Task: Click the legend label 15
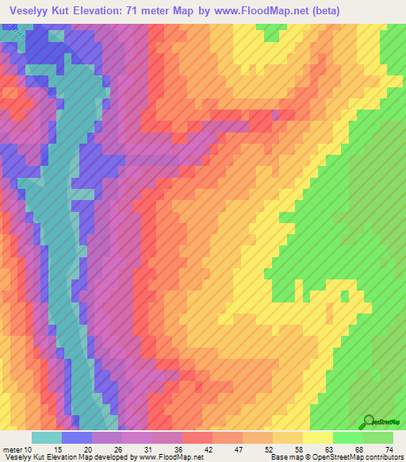[x=58, y=449]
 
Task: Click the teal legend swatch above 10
[x=46, y=437]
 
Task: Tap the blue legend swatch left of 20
[x=76, y=437]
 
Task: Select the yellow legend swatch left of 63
[x=317, y=437]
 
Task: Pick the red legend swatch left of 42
[x=197, y=437]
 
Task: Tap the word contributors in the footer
[x=380, y=457]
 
